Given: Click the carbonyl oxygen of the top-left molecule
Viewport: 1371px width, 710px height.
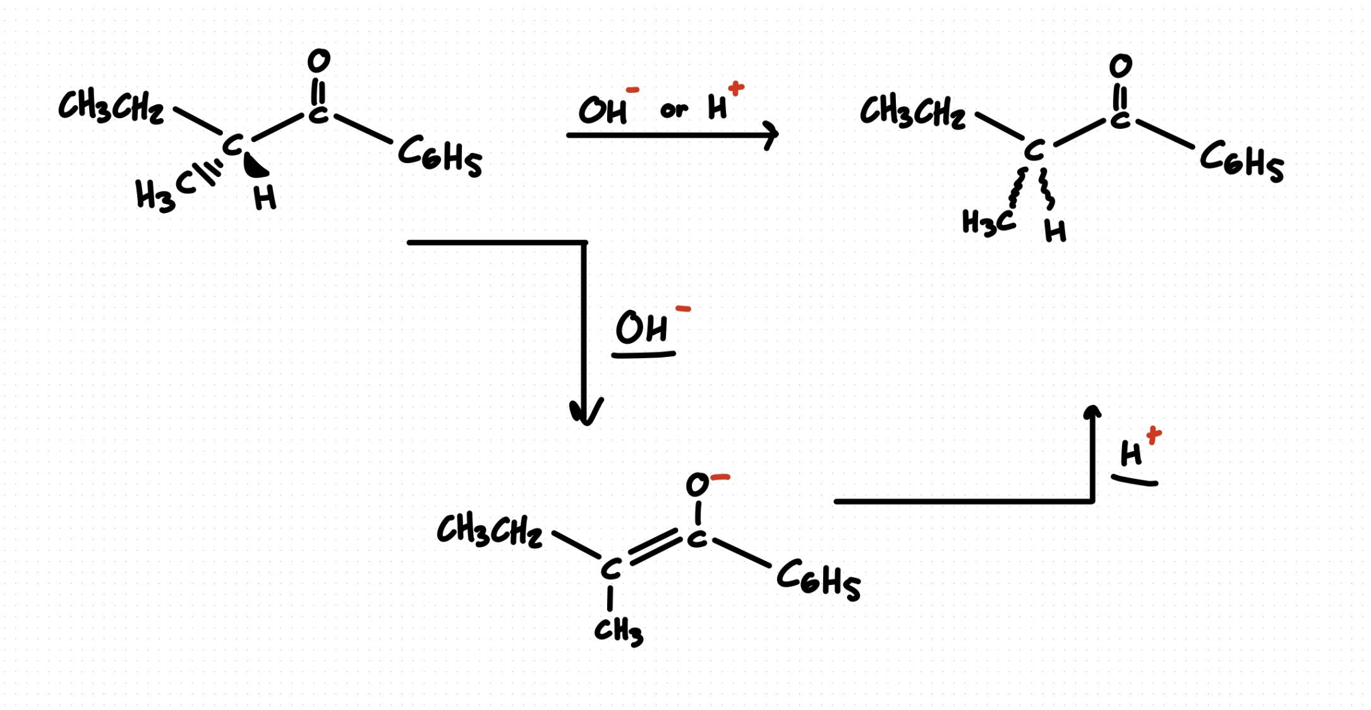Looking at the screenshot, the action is (319, 61).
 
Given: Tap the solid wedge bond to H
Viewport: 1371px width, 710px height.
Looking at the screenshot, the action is (255, 164).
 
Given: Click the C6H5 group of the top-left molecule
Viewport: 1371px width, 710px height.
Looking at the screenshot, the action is (440, 156).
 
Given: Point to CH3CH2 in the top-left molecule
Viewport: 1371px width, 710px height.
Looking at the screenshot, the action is (111, 106).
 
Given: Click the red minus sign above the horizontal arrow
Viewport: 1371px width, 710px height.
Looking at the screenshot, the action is (632, 90).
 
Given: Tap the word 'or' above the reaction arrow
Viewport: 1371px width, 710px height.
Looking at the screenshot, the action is (673, 110).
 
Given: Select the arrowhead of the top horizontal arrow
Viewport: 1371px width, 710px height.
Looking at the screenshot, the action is (770, 135).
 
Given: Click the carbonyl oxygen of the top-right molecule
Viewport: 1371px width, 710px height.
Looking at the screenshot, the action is (1120, 66).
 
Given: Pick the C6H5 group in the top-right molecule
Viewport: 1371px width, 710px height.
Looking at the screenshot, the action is (1242, 161).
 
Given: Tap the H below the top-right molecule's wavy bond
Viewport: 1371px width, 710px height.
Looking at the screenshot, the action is (1055, 231).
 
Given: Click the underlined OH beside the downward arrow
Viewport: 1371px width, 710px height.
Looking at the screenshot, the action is (641, 328).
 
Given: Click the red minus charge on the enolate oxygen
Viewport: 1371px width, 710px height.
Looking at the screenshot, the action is (721, 478).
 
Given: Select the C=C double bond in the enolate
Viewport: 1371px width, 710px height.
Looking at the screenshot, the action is (655, 548).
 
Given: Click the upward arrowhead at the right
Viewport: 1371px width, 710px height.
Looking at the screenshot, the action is (1092, 412).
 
